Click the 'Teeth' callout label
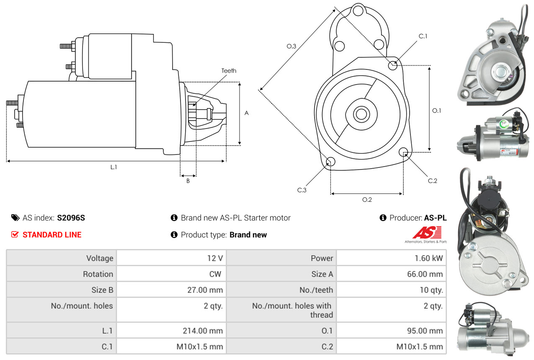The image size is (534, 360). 229,71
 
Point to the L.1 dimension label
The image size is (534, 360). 114,167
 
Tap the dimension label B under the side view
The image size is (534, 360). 188,181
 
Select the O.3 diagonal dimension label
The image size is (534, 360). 292,46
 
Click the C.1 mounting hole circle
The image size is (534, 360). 393,65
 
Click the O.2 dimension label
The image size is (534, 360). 367,200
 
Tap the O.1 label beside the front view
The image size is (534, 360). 437,111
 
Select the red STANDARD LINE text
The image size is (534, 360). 52,235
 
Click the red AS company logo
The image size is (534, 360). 427,233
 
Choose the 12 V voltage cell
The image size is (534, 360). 215,258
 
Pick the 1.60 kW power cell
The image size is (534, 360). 428,258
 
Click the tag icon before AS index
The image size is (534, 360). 15,218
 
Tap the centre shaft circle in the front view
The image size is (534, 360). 360,113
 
